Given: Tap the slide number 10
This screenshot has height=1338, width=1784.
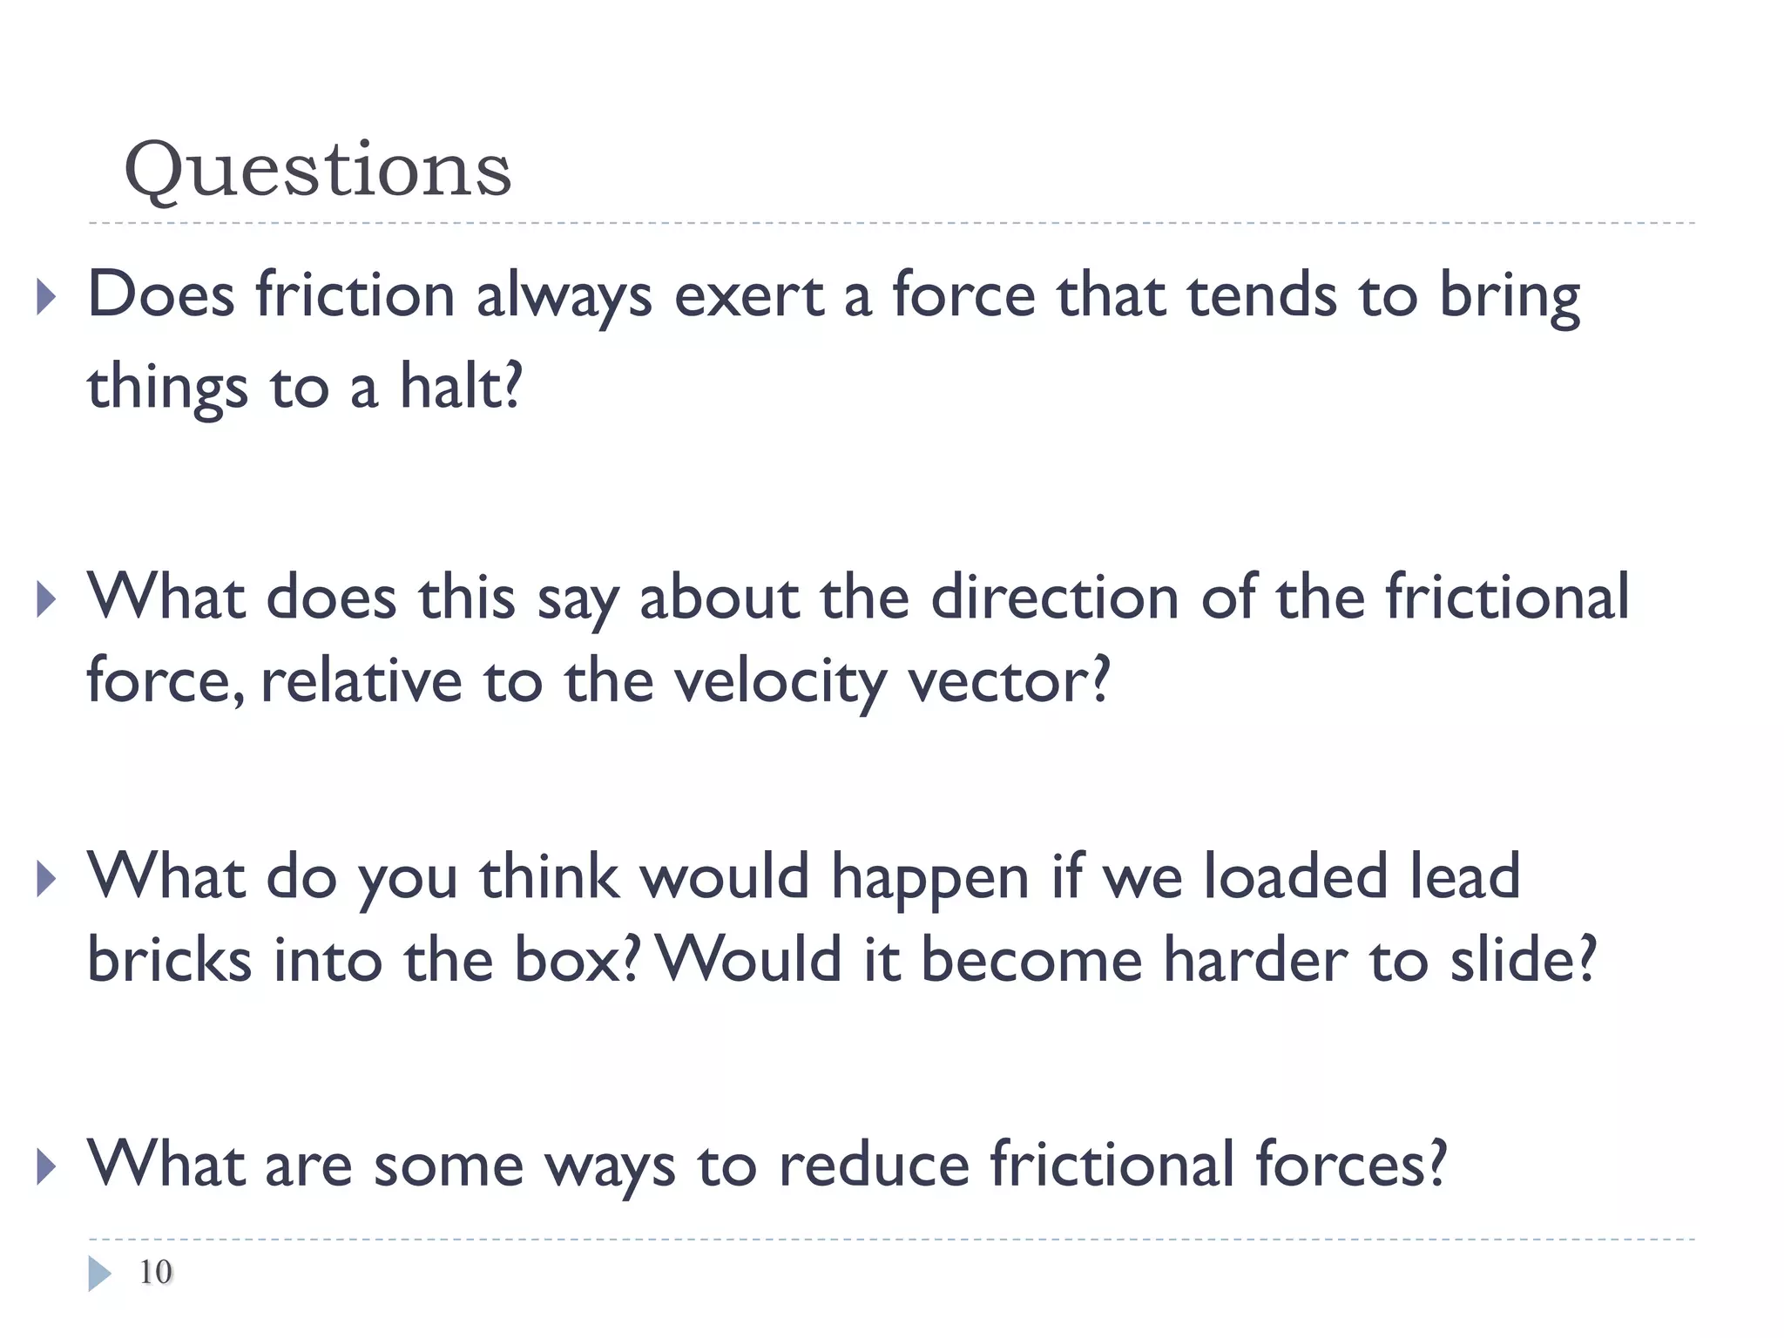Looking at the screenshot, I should coord(156,1272).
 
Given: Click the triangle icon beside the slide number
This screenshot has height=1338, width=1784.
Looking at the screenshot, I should coord(99,1274).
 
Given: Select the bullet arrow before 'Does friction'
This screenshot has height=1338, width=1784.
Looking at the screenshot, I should coord(46,297).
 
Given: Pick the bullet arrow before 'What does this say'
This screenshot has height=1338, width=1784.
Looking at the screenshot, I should coord(46,600).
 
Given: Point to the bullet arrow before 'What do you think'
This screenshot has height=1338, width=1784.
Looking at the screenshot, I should coord(46,879).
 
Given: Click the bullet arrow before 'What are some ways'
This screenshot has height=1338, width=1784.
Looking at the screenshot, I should coord(46,1166).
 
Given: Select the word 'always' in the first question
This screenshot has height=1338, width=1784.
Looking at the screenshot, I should coord(564,296).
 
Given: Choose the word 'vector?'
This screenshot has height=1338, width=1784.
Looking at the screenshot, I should coord(1010,680).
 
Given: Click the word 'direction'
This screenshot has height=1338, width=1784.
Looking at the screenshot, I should coord(1054,598).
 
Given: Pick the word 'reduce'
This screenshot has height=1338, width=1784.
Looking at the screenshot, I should coord(874,1164).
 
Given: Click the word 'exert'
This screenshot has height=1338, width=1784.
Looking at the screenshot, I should coord(748,296).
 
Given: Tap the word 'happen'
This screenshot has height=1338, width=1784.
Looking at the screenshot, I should coord(930,878).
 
